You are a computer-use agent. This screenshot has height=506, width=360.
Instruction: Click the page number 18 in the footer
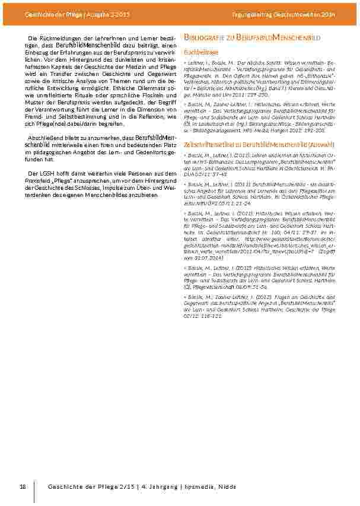[x=23, y=487]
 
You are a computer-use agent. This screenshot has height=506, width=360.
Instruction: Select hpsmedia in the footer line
[x=189, y=487]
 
